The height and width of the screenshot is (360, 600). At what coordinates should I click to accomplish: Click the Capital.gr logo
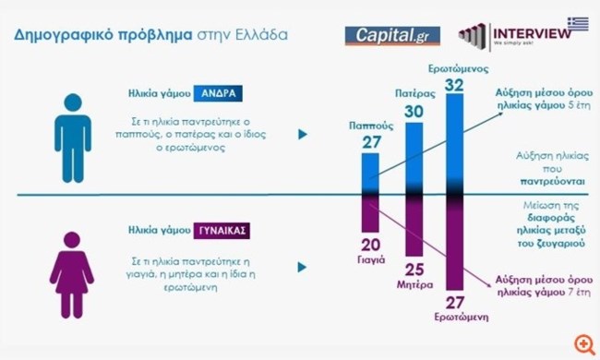[392, 36]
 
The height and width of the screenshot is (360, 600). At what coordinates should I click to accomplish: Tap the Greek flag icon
[578, 20]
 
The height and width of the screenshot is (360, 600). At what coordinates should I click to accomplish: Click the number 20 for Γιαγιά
[369, 244]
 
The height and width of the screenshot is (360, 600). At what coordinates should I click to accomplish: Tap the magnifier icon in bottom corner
[582, 343]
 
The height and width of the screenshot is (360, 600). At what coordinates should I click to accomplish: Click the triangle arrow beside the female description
[302, 268]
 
